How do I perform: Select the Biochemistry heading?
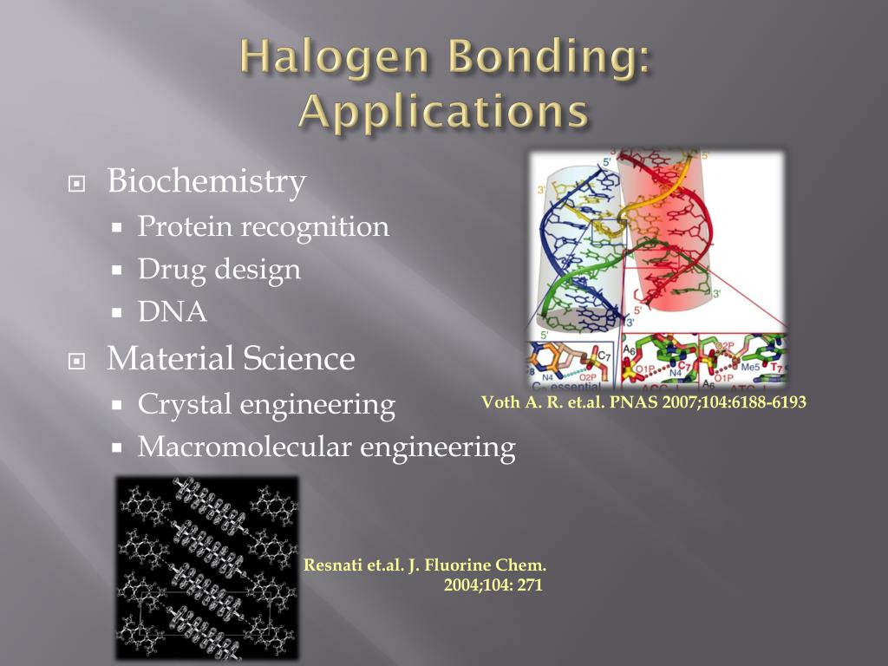206,181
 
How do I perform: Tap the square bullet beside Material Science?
77,360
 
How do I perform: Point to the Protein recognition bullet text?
264,227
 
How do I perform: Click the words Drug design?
219,270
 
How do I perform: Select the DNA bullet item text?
173,312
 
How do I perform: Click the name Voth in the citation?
499,402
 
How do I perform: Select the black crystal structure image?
207,567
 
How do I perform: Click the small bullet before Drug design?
120,271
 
